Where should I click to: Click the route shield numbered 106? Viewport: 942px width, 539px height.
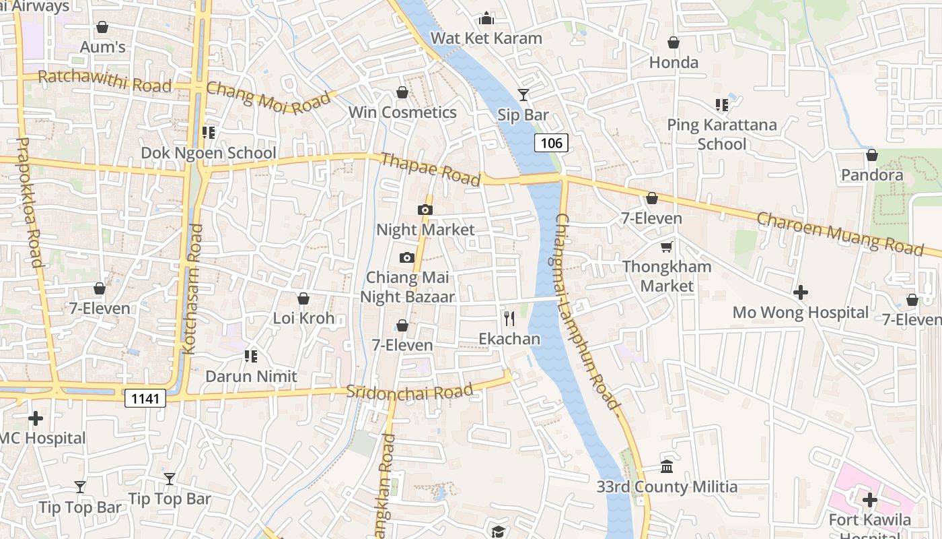tap(551, 143)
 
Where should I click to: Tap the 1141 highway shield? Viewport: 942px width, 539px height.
tap(145, 399)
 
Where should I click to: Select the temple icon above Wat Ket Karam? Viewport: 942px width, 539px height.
tap(486, 18)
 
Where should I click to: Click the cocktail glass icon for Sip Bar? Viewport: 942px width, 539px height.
tap(523, 95)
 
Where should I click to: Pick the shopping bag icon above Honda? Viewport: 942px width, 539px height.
tap(674, 43)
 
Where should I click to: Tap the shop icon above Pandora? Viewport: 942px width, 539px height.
tap(871, 155)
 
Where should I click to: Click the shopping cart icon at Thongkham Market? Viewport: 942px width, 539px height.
tap(666, 247)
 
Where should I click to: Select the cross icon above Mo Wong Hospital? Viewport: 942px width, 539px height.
tap(800, 292)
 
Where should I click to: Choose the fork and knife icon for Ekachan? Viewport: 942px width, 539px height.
tap(509, 318)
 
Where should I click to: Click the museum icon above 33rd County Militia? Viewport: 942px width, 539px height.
tap(667, 466)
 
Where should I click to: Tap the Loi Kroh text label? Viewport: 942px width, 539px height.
tap(303, 318)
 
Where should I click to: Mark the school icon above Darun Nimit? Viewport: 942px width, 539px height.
tap(251, 356)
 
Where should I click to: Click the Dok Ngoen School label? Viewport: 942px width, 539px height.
tap(209, 153)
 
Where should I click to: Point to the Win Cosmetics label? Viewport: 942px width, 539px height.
tap(402, 113)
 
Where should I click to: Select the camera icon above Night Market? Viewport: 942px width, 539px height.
tap(425, 210)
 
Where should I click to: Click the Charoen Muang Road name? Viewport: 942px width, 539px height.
tap(840, 234)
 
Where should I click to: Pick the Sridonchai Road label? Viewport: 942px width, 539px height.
tap(409, 391)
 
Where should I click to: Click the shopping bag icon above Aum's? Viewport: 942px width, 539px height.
tap(102, 27)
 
